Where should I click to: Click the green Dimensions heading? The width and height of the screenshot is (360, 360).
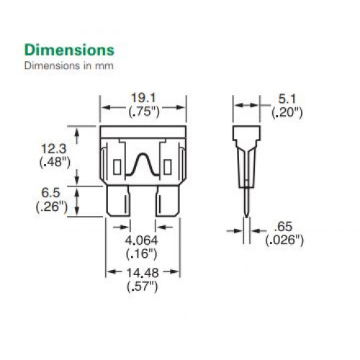coord(69,50)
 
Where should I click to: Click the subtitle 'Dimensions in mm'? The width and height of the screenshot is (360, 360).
coord(69,66)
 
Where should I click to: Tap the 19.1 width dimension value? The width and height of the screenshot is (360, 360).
coord(143,98)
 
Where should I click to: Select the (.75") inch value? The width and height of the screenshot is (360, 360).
coord(144,112)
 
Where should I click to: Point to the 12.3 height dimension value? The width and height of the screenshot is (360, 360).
coord(54,149)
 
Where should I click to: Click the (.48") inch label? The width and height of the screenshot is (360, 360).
coord(55,163)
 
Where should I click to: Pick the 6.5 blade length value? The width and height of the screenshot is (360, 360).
coord(50,193)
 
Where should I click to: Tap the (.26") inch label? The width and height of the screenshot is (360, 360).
coord(52,207)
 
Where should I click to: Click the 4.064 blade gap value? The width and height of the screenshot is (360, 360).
coord(142,240)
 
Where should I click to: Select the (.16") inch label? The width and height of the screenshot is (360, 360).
coord(142,254)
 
